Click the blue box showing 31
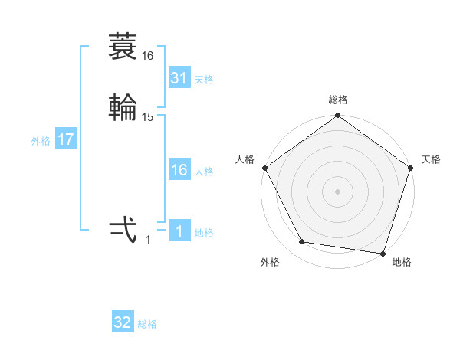coord(179,78)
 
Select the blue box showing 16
coord(179,170)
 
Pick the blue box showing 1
coord(179,231)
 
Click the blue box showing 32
coord(123,322)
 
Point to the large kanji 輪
coord(123,107)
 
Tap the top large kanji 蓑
coord(123,47)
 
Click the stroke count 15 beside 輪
coord(148,116)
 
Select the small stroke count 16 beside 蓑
coord(148,56)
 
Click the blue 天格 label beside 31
coord(204,80)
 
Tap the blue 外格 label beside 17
coord(41,141)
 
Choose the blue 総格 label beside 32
coord(147,324)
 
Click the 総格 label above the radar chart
coord(338,100)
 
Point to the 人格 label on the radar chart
coord(245,159)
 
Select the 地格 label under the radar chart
coord(402,262)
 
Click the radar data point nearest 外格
coord(302,242)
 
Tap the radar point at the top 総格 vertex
coord(338,116)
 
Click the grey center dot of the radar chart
coord(338,191)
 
